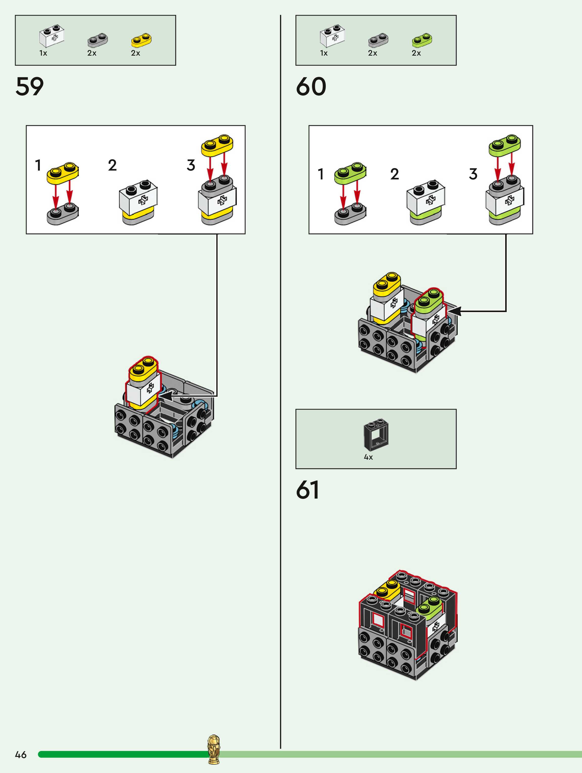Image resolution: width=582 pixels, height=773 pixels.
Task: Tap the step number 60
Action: tap(311, 86)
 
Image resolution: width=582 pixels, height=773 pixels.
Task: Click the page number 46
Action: tap(21, 755)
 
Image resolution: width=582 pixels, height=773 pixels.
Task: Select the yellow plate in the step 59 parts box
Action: tap(141, 40)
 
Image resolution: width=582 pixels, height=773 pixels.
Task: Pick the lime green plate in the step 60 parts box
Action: tap(422, 40)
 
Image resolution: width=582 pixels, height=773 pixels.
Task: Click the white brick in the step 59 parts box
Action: tap(51, 36)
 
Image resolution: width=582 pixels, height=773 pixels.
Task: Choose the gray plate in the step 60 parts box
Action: tap(378, 40)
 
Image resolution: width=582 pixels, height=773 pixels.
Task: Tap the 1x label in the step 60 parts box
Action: tap(324, 53)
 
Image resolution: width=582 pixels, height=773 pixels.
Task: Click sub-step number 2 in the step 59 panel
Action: tap(112, 165)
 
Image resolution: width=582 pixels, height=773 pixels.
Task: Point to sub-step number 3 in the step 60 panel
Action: tap(473, 174)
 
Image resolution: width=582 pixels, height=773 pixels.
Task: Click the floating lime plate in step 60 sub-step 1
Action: tap(350, 173)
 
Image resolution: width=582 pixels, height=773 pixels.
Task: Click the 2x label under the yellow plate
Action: tap(135, 53)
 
